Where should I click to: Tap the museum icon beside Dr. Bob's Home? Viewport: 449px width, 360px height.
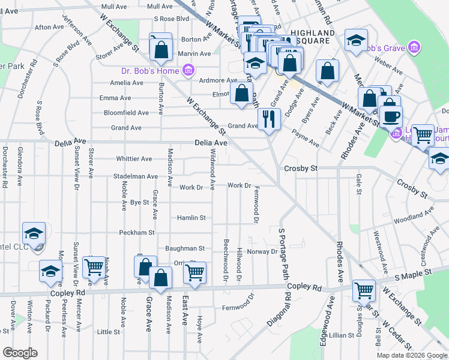pos(188,71)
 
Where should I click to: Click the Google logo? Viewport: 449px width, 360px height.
pos(20,353)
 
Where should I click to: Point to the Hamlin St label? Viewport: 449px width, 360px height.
pos(191,218)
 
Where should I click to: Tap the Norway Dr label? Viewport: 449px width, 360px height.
pos(262,251)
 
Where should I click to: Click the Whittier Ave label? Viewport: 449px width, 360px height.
pos(134,159)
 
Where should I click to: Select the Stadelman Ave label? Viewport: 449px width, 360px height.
pos(136,176)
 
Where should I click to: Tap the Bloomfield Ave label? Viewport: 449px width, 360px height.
pos(126,113)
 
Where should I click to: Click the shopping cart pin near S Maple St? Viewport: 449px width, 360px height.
pos(364,290)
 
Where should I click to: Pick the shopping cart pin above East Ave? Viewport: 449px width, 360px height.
pos(194,272)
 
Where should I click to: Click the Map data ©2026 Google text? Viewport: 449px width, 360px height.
pos(411,355)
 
